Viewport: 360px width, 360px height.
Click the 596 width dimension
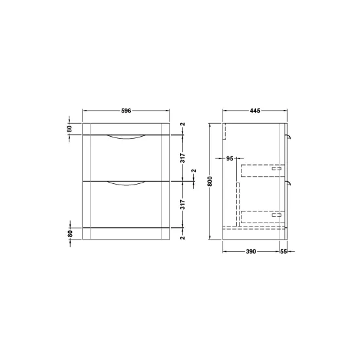[x=126, y=111]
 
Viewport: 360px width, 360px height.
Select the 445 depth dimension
[x=255, y=111]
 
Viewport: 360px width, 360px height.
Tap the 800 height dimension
[x=211, y=181]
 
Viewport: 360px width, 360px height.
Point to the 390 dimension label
[x=251, y=251]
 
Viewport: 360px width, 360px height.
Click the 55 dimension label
[x=283, y=251]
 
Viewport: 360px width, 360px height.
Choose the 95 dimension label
[x=230, y=158]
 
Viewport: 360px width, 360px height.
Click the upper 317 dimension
[x=183, y=158]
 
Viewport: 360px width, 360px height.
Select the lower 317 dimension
[x=183, y=204]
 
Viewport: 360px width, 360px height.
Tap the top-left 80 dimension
[x=69, y=129]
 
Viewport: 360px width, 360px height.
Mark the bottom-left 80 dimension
[x=70, y=234]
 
